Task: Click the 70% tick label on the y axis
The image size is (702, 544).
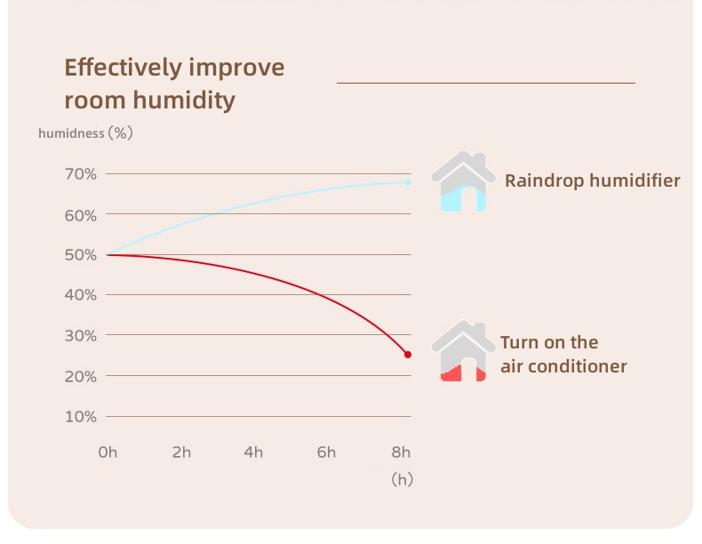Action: coord(81,173)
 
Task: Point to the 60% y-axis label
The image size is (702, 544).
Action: coord(81,216)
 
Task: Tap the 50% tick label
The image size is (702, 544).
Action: coord(81,255)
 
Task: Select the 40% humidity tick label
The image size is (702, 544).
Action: coord(81,295)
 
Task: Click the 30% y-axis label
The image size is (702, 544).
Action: coord(81,336)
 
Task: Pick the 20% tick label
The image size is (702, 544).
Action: coord(81,377)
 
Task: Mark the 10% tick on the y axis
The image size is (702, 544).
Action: coord(81,417)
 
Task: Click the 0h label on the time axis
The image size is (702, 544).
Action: coord(108,452)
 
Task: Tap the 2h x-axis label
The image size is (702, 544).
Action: coord(181,452)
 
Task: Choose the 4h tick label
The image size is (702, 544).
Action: coord(253,452)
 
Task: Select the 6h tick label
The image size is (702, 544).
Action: coord(326,452)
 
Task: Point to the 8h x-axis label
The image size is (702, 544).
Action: coord(401,452)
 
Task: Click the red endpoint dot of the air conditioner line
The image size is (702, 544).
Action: coord(408,355)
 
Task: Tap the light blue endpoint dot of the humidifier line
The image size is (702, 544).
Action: coord(408,182)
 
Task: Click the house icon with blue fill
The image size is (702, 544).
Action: coord(463,180)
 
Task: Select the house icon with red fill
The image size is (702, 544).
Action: coord(463,351)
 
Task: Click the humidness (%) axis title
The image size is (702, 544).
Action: coord(85,133)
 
